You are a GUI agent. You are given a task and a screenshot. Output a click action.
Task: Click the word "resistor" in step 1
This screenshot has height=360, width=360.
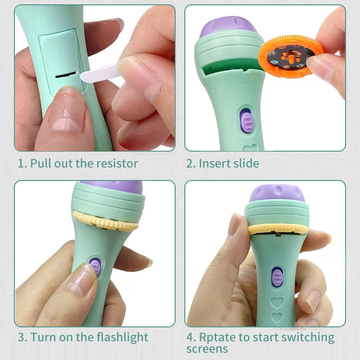coord(117,164)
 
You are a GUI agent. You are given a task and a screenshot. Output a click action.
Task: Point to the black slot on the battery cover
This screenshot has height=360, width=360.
coord(66,74)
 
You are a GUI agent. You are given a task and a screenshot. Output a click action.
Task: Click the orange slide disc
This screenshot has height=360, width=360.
coord(291,56)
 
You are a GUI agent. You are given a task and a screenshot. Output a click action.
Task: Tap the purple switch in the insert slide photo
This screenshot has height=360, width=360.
coord(247,121)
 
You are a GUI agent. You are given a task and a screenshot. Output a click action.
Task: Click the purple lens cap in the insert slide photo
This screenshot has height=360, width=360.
coord(228,26)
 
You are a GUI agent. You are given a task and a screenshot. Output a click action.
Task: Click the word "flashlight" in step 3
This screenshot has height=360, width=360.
coord(122,337)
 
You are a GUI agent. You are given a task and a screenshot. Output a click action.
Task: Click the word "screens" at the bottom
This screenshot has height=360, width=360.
coord(207,349)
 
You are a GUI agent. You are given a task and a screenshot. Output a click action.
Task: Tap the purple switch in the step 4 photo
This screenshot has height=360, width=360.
coord(277,277)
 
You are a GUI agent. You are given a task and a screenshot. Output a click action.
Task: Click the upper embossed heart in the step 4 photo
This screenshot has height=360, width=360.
coord(277,302)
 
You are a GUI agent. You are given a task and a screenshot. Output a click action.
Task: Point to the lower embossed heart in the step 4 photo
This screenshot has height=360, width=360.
coord(277,317)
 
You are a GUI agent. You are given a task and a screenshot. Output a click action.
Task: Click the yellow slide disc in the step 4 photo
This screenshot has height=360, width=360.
coord(277,229)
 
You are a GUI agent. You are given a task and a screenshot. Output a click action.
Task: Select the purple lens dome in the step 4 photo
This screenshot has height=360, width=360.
coord(277,193)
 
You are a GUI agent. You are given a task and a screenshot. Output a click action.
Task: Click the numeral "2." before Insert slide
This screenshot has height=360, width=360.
coord(191,164)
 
